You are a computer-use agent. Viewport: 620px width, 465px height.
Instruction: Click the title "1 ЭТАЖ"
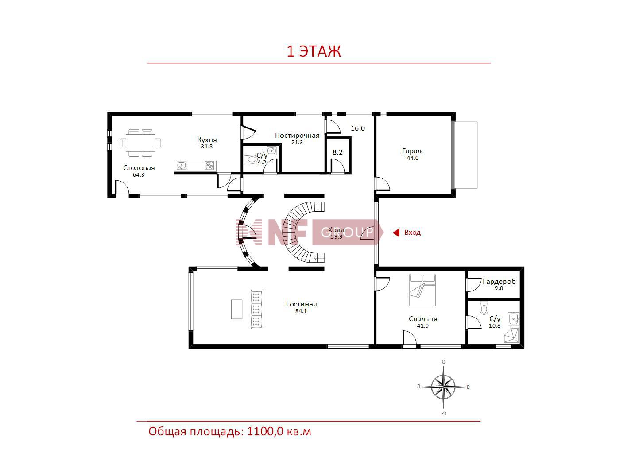[x=314, y=51]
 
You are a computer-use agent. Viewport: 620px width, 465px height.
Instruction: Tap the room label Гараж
[x=412, y=151]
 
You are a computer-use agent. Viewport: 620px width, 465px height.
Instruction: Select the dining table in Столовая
[x=140, y=143]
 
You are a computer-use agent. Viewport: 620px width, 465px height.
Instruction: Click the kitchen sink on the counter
[x=181, y=166]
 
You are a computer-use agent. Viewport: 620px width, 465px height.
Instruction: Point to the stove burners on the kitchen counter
[x=209, y=166]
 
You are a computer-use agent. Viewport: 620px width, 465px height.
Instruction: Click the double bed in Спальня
[x=422, y=290]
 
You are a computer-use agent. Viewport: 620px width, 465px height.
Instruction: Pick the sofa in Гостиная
[x=257, y=309]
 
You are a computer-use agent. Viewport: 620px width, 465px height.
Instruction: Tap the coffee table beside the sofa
[x=236, y=309]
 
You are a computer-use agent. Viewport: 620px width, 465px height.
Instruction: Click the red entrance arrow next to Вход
[x=396, y=232]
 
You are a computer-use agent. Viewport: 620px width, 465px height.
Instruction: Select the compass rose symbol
[x=443, y=387]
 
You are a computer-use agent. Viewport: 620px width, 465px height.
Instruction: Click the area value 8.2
[x=337, y=152]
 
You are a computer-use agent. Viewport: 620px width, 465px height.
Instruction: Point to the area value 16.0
[x=357, y=128]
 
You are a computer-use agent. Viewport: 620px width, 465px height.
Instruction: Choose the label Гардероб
[x=499, y=282]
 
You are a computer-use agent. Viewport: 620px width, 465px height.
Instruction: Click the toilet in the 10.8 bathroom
[x=484, y=307]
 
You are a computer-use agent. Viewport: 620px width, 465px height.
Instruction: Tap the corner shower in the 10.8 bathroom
[x=511, y=336]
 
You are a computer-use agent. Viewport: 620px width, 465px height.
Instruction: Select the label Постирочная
[x=297, y=136]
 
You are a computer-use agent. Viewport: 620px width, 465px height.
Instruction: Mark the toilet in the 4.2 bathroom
[x=251, y=159]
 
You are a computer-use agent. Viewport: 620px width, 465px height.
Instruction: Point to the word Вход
[x=412, y=232]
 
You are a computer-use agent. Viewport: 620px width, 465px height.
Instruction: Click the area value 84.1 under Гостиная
[x=301, y=311]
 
